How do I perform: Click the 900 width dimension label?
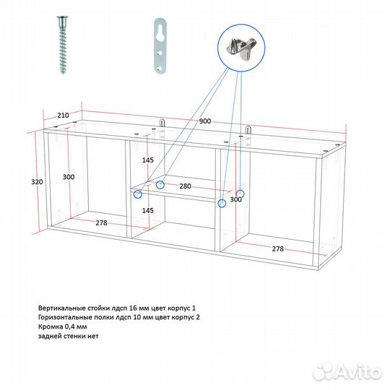pos(204,121)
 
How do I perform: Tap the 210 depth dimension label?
pos(63,116)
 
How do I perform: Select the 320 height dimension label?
pos(37,182)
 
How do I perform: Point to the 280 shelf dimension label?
pos(185,186)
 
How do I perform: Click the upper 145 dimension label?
pos(148,160)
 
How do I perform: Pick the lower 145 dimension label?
pos(148,211)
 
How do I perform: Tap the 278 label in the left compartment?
pos(101,223)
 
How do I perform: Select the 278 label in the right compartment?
pos(277,248)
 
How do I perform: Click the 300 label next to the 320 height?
pos(69,177)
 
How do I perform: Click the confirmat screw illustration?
pos(63,45)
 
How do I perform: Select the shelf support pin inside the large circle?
pos(240,48)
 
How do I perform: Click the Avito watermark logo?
pos(347,372)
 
